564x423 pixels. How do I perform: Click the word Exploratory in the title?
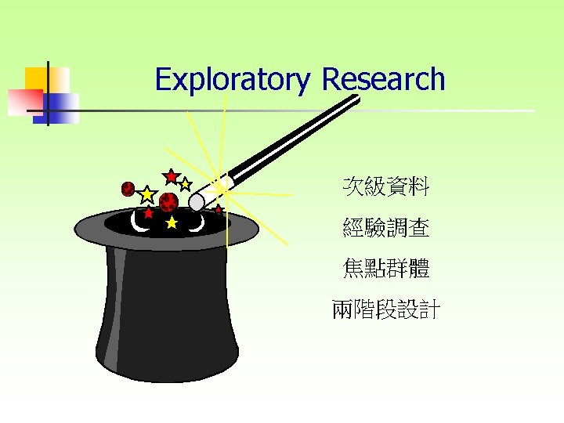point(233,80)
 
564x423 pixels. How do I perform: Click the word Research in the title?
point(383,79)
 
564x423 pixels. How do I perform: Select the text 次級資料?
point(385,186)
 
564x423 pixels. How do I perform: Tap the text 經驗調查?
point(385,228)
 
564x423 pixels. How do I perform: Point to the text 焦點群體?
point(385,269)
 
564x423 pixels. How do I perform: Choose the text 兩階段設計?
point(385,310)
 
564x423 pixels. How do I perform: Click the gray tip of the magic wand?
point(197,202)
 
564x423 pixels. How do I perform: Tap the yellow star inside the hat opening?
point(172,223)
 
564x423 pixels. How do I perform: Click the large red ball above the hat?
point(168,202)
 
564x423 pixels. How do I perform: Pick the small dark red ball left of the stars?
point(128,189)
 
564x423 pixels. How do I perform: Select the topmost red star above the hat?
point(171,176)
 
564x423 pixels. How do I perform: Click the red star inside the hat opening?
point(148,212)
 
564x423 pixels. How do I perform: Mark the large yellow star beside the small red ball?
point(146,193)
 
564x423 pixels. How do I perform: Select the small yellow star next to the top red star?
point(186,185)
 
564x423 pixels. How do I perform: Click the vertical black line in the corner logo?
point(48,94)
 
